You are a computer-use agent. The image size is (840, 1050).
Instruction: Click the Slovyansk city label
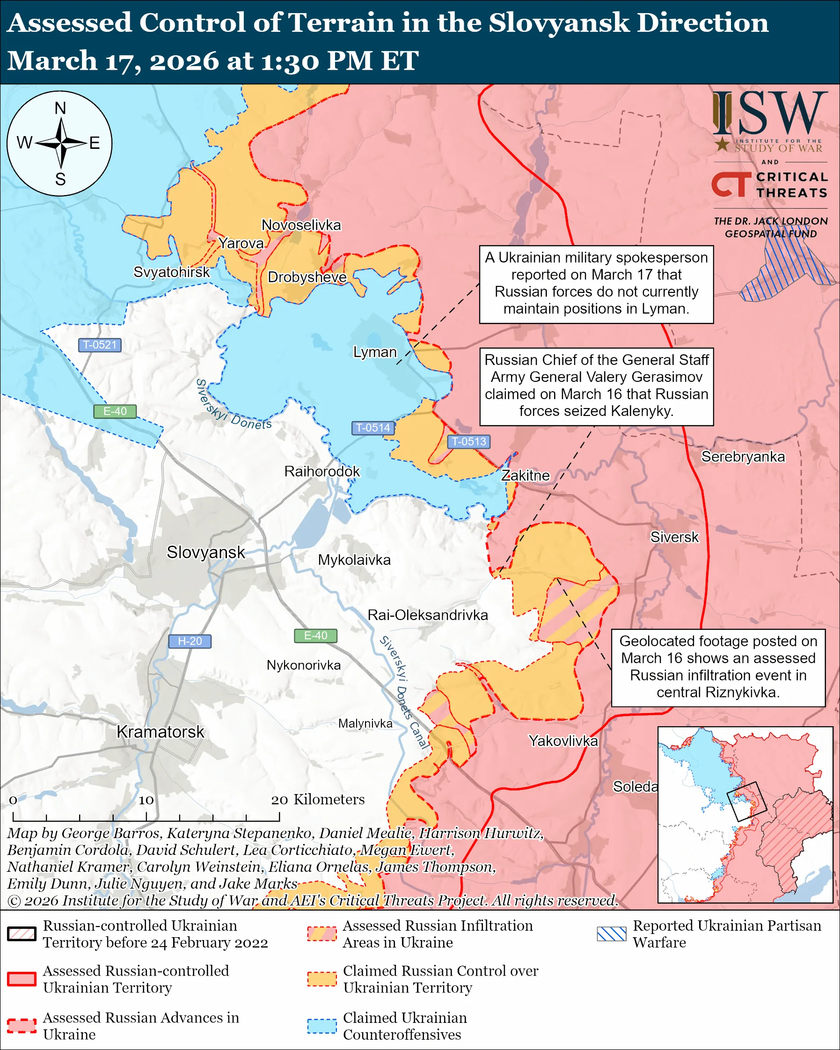(x=205, y=552)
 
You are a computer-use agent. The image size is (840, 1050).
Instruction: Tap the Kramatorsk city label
(x=160, y=732)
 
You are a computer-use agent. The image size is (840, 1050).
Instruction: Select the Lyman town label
(x=374, y=352)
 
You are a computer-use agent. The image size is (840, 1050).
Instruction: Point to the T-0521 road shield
(x=99, y=345)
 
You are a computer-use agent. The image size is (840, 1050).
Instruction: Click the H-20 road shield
(x=190, y=642)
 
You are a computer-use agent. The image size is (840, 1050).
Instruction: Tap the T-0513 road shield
(x=468, y=441)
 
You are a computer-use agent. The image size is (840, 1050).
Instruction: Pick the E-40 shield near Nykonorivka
(x=315, y=635)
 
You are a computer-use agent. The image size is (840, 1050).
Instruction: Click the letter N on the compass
(x=60, y=108)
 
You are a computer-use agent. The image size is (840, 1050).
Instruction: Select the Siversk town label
(x=674, y=537)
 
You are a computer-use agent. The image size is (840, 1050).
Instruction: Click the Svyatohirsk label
(x=171, y=272)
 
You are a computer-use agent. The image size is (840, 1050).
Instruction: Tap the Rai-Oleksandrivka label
(x=428, y=615)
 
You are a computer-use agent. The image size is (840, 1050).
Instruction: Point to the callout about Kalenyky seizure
(x=596, y=386)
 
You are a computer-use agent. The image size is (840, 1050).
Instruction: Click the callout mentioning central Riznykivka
(x=718, y=668)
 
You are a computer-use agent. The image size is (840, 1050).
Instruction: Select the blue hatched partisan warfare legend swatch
(x=612, y=933)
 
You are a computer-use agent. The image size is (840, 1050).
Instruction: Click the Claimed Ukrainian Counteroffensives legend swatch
(x=322, y=1026)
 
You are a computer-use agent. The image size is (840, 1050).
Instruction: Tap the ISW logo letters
(x=770, y=114)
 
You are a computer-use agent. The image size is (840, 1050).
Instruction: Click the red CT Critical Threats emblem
(x=731, y=184)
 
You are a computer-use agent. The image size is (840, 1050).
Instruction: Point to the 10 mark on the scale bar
(x=146, y=800)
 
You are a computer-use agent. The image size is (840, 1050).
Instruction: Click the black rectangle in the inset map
(x=746, y=802)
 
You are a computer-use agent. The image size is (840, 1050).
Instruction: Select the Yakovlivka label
(x=563, y=741)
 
